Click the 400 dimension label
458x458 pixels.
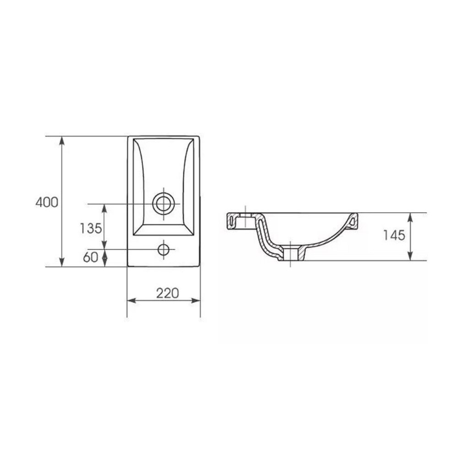(x=47, y=202)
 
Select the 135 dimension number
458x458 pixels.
(x=91, y=228)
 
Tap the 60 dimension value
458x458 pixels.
(x=91, y=257)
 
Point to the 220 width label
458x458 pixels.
(x=167, y=293)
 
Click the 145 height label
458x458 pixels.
(x=394, y=235)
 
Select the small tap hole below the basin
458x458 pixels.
(x=164, y=250)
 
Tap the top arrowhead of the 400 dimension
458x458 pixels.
(x=62, y=141)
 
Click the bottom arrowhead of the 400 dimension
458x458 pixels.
(x=62, y=262)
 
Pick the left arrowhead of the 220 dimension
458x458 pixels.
(x=132, y=300)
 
